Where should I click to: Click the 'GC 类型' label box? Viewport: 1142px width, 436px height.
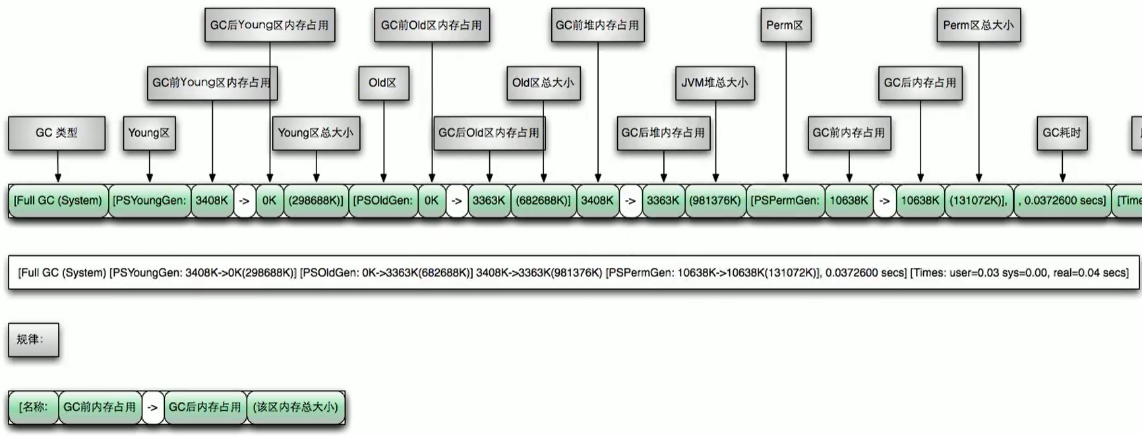pyautogui.click(x=57, y=133)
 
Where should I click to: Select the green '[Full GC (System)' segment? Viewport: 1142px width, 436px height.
pyautogui.click(x=58, y=201)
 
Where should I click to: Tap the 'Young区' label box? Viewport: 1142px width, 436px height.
pyautogui.click(x=149, y=133)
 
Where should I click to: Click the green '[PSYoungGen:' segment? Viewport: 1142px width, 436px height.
pyautogui.click(x=150, y=201)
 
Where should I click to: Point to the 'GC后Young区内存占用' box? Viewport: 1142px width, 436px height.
pyautogui.click(x=270, y=26)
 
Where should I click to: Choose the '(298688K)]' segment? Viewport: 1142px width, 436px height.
pyautogui.click(x=316, y=201)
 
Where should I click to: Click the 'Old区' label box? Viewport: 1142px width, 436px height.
pyautogui.click(x=383, y=83)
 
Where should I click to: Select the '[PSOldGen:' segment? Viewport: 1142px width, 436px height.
pyautogui.click(x=383, y=201)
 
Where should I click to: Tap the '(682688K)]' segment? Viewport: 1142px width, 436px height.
pyautogui.click(x=543, y=201)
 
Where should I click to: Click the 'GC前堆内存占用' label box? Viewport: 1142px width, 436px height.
pyautogui.click(x=597, y=26)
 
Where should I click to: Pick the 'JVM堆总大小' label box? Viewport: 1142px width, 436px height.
pyautogui.click(x=715, y=83)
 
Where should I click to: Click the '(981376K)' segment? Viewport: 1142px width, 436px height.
pyautogui.click(x=715, y=201)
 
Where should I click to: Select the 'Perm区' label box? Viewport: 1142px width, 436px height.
pyautogui.click(x=785, y=26)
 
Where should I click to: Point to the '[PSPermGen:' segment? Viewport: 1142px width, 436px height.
pyautogui.click(x=785, y=201)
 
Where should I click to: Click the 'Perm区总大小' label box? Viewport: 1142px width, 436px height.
pyautogui.click(x=978, y=26)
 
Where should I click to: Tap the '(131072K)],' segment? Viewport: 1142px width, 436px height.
pyautogui.click(x=978, y=201)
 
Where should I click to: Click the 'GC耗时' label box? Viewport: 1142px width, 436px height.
pyautogui.click(x=1062, y=133)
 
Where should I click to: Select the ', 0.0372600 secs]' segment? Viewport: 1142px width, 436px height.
pyautogui.click(x=1062, y=201)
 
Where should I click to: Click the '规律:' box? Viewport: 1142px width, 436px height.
pyautogui.click(x=34, y=340)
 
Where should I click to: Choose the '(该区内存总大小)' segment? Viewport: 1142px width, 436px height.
pyautogui.click(x=295, y=407)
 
